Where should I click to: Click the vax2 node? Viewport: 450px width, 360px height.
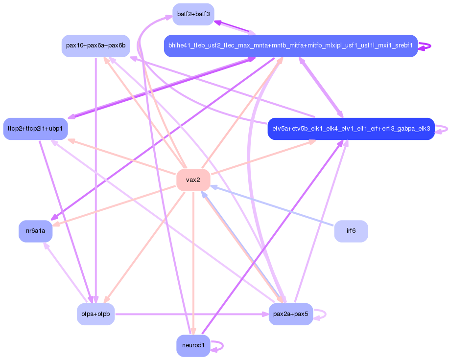tap(193, 180)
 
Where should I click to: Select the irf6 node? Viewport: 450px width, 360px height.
tap(351, 231)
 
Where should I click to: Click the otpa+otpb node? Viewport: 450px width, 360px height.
tap(96, 314)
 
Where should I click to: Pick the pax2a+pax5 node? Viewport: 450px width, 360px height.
tap(291, 314)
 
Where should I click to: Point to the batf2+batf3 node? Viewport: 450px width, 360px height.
tap(193, 14)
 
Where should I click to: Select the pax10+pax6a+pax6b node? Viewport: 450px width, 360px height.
tap(95, 46)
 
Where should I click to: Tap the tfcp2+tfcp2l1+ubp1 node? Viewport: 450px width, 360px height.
tap(35, 129)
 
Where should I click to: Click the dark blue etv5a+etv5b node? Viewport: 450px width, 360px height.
tap(351, 129)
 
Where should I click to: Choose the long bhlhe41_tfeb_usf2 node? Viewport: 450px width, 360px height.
tap(291, 46)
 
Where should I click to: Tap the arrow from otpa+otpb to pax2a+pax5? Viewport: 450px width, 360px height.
tap(191, 314)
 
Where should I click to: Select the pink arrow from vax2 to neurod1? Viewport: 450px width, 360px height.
tap(193, 259)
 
